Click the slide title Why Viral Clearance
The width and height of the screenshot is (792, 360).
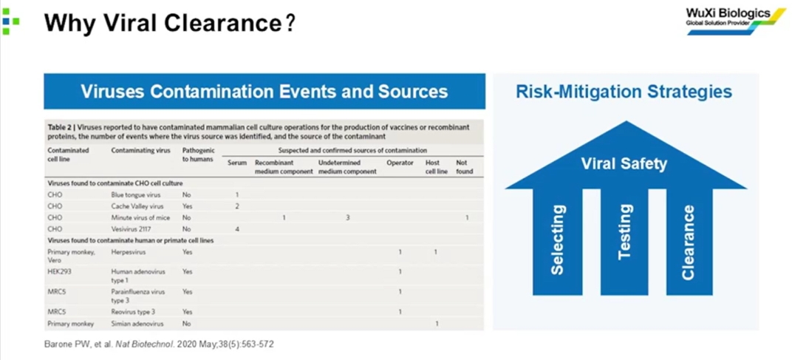tap(169, 23)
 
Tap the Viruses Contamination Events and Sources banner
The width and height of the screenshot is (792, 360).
tap(264, 92)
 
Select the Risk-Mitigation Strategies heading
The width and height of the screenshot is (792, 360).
tap(624, 92)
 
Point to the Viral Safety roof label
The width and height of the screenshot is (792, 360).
tap(624, 163)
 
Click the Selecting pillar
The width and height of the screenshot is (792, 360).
tap(559, 240)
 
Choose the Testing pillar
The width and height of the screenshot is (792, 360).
tap(625, 232)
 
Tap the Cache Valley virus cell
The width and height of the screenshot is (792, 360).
tap(137, 206)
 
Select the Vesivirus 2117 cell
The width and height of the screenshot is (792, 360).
tap(132, 229)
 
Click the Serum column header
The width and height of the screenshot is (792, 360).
tap(236, 161)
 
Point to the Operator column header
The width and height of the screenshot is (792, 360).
tap(400, 161)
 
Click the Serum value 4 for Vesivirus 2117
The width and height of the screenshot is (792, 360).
tap(237, 229)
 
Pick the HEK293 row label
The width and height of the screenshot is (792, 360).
tap(59, 271)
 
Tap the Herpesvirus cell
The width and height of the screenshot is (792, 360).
tap(129, 252)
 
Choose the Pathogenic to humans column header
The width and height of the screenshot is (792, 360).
tap(197, 154)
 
